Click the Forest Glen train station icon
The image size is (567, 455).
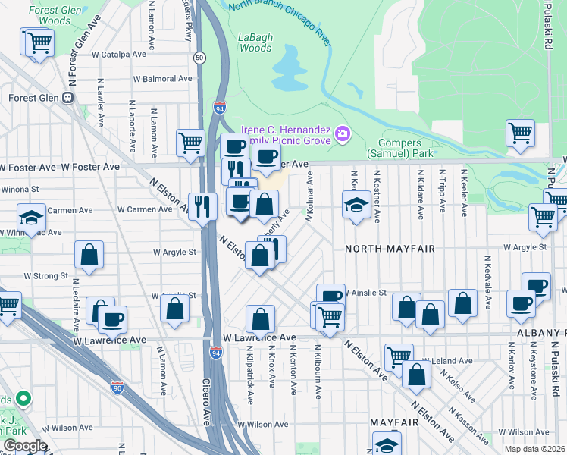67,97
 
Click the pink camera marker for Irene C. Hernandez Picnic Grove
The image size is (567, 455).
343,134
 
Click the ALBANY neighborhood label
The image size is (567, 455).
543,334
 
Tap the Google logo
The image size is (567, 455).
25,446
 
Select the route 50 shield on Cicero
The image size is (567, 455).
199,57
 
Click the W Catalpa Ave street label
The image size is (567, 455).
119,55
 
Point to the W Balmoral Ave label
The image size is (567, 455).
162,79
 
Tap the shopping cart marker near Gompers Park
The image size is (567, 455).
520,133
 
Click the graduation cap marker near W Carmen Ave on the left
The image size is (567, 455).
31,218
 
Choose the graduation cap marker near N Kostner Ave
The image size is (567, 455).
356,205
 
